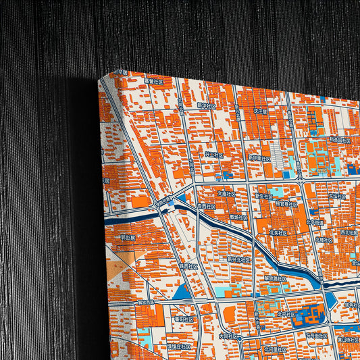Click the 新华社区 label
pyautogui.click(x=207, y=106)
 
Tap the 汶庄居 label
pyautogui.click(x=261, y=111)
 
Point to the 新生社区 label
pyautogui.click(x=264, y=195)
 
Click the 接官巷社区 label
pyautogui.click(x=286, y=203)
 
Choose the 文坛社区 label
pyautogui.click(x=337, y=196)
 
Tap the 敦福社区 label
pyautogui.click(x=239, y=217)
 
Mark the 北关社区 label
pyautogui.click(x=278, y=232)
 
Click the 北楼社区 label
pyautogui.click(x=324, y=239)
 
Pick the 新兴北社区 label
pyautogui.click(x=238, y=259)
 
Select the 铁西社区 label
pyautogui.click(x=188, y=266)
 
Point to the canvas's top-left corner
pyautogui.click(x=99, y=77)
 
